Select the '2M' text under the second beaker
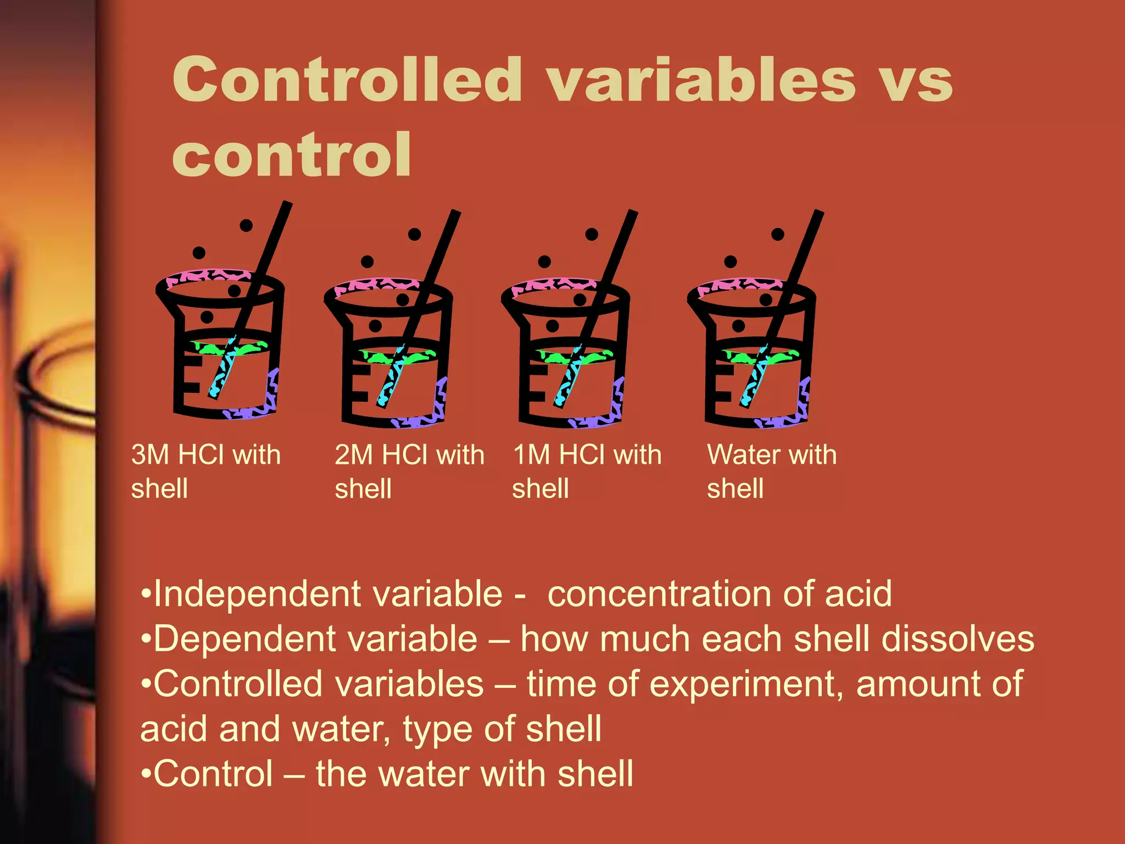[x=355, y=455]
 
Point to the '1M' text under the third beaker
[x=532, y=455]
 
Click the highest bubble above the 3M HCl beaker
[x=246, y=225]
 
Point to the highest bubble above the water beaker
[x=778, y=235]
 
